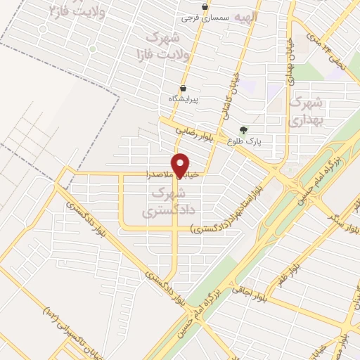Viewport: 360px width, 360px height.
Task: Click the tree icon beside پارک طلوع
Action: coord(243,129)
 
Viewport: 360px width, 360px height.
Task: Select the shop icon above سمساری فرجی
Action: coord(205,7)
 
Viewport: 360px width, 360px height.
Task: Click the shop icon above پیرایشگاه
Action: coord(183,89)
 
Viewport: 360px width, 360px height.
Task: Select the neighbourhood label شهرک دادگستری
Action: coord(167,200)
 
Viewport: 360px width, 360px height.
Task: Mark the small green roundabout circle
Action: coord(92,49)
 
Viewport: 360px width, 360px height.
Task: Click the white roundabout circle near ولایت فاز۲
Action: coord(44,30)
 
